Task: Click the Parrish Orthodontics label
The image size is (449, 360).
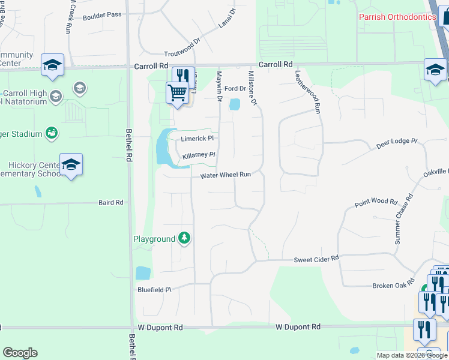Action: click(397, 17)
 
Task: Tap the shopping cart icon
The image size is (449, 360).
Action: click(177, 93)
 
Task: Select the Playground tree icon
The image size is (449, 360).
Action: click(184, 239)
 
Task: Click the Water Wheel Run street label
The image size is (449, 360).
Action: click(225, 175)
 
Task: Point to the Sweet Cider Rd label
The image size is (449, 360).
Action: click(316, 259)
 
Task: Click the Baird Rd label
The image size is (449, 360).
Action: click(110, 203)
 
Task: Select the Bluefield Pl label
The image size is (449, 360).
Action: click(154, 289)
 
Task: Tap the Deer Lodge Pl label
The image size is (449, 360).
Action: click(396, 142)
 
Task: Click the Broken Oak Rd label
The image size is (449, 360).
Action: click(393, 284)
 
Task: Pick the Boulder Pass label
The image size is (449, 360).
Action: click(102, 14)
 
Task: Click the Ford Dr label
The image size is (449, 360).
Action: click(235, 89)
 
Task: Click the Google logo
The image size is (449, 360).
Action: click(20, 353)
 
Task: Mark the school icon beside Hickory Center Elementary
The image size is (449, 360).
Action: click(71, 164)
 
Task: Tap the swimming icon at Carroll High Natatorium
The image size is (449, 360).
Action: click(52, 133)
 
